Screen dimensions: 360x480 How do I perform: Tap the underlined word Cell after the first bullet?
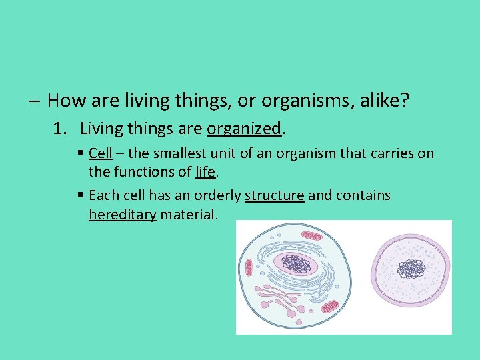tap(100, 154)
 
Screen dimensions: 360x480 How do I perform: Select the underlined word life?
tap(205, 172)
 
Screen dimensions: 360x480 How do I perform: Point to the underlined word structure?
tap(274, 196)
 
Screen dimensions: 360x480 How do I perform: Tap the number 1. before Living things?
tap(60, 128)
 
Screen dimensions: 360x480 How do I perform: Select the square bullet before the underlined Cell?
tap(80, 154)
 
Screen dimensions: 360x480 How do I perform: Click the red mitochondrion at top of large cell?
tap(311, 236)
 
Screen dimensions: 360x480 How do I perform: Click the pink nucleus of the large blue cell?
tap(299, 265)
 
